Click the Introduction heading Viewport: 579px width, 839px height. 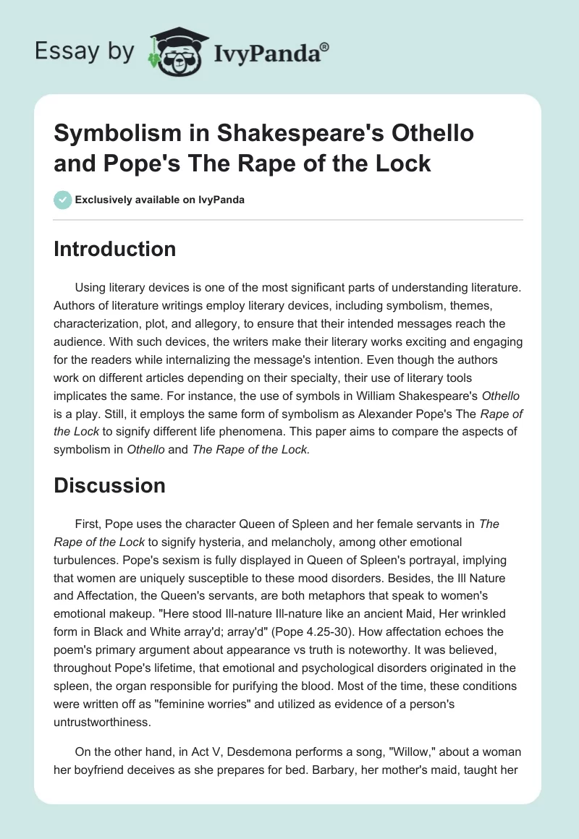click(115, 249)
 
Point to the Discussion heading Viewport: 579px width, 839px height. click(110, 486)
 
